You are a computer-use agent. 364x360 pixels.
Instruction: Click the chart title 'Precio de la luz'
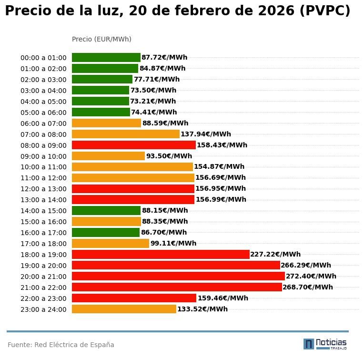[x=177, y=11]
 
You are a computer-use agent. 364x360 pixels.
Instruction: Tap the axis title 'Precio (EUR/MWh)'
[x=101, y=39]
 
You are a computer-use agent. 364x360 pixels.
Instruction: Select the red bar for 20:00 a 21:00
[x=178, y=276]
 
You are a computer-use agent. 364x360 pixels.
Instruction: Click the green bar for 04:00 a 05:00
[x=101, y=101]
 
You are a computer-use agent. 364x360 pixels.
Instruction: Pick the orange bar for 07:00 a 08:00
[x=125, y=134]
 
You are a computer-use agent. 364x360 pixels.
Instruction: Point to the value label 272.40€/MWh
[x=311, y=276]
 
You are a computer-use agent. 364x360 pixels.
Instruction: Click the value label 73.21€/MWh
[x=153, y=101]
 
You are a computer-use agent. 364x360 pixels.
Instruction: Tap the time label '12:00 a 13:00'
[x=43, y=189]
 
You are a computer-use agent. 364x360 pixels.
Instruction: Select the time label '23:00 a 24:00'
[x=43, y=309]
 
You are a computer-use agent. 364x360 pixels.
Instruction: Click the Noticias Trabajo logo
[x=325, y=344]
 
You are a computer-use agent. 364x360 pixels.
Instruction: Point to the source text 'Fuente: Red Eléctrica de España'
[x=61, y=345]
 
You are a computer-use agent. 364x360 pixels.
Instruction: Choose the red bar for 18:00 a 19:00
[x=161, y=254]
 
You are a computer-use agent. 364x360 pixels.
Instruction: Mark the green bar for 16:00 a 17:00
[x=106, y=232]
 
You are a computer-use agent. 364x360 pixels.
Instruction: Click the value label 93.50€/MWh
[x=169, y=156]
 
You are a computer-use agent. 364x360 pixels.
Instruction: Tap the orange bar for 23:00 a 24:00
[x=124, y=309]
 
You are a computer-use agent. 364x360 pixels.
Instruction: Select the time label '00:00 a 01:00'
[x=43, y=58]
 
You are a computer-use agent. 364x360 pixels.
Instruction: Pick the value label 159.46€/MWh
[x=222, y=298]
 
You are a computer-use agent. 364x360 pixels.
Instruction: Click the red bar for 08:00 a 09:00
[x=133, y=145]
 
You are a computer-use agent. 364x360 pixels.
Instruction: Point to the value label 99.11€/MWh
[x=173, y=243]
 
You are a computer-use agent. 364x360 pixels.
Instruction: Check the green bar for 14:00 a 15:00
[x=106, y=210]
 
